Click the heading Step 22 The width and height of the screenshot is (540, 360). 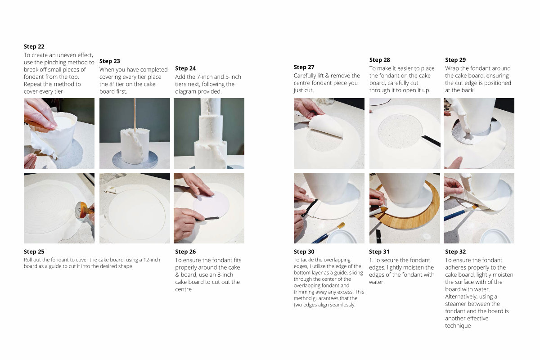34,46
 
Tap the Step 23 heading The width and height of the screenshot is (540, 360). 110,61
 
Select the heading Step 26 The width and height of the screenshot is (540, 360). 185,252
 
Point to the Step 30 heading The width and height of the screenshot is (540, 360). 304,252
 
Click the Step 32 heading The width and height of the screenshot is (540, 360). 455,252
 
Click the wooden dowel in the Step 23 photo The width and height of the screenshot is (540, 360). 135,115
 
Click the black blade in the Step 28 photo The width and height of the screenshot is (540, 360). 431,141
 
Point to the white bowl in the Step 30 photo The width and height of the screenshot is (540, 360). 342,237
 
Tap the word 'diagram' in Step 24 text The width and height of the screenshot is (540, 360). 187,92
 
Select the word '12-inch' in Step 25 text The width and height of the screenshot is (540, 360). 152,260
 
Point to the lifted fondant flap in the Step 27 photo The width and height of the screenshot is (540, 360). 326,126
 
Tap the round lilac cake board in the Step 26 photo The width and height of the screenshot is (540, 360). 211,204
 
